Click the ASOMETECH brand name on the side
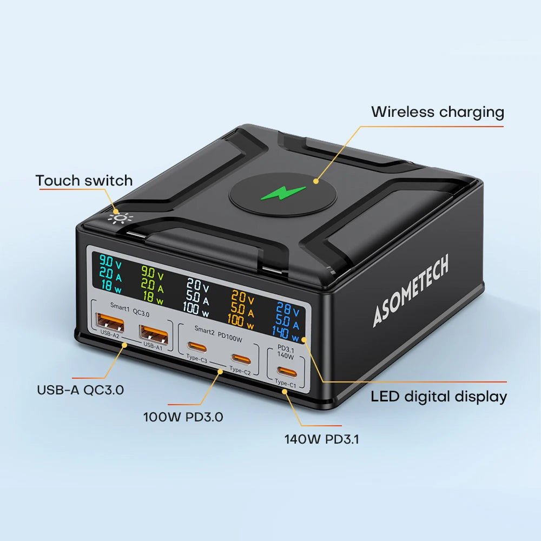point(411,292)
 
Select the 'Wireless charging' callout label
point(437,112)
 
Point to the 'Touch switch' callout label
point(84,180)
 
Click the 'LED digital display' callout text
point(439,397)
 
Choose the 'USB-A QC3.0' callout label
point(80,390)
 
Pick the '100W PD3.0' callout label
point(183,417)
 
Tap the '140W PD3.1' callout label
point(321,439)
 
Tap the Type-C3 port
point(197,346)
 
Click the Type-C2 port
point(241,358)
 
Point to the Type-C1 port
point(285,371)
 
